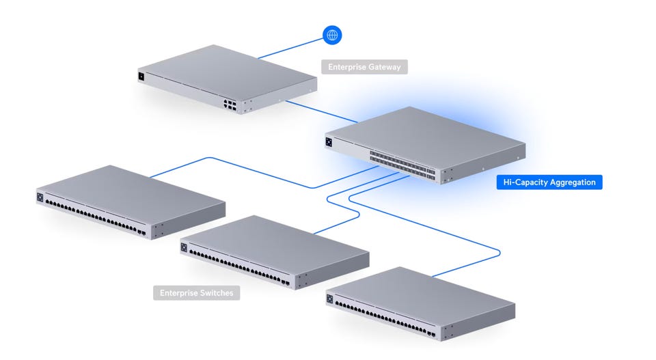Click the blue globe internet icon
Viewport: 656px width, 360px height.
point(332,35)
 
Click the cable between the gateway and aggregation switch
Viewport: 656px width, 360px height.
point(321,112)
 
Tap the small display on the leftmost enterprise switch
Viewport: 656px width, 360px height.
point(40,198)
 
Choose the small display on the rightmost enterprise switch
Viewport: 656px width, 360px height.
point(329,299)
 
